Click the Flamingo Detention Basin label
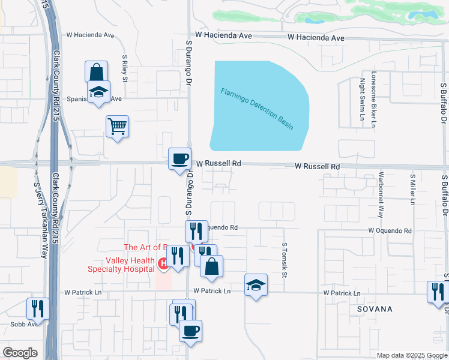(257, 109)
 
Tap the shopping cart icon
(118, 126)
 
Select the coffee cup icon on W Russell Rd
(179, 159)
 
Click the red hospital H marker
(162, 263)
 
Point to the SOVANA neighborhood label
(375, 309)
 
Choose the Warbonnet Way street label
(381, 196)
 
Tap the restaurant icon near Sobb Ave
(38, 308)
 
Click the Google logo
(20, 353)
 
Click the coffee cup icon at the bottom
(190, 331)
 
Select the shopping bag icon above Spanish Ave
(96, 72)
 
